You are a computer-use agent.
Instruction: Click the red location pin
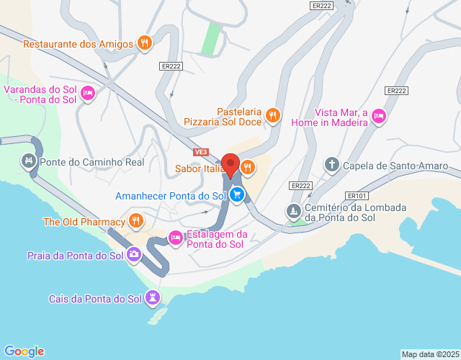[231, 166]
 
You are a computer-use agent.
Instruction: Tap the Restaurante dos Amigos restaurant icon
[145, 43]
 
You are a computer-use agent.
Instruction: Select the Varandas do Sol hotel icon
[88, 94]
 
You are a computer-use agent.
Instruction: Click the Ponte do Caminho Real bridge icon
[29, 161]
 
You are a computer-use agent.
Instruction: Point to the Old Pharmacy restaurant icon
[135, 221]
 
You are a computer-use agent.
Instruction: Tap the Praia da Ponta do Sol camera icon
[134, 255]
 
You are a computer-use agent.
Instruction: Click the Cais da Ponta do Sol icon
[153, 298]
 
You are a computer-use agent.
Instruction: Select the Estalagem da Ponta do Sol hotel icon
[175, 238]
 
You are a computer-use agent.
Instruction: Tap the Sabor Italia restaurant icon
[248, 168]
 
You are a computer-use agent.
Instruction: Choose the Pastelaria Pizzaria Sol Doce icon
[272, 115]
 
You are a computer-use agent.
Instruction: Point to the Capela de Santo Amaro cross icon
[332, 166]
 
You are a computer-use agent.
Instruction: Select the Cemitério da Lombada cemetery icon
[293, 212]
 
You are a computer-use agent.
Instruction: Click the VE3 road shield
[202, 153]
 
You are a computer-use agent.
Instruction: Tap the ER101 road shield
[357, 195]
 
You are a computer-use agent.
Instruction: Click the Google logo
[23, 351]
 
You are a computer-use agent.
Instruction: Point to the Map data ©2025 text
[430, 354]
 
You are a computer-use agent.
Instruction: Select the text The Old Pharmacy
[83, 222]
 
